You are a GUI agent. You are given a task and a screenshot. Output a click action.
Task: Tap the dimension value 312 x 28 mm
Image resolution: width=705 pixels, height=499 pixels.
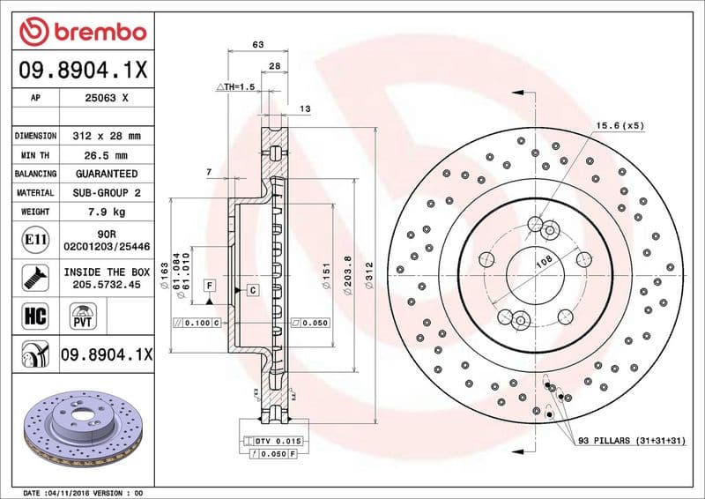(x=106, y=136)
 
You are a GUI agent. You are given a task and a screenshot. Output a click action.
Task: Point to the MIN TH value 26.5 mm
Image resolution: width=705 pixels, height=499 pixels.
(x=106, y=155)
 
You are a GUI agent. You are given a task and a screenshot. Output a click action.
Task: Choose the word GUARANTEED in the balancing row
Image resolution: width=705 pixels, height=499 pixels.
(x=106, y=174)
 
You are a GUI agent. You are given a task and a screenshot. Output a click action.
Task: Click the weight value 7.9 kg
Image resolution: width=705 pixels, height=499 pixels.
(x=106, y=212)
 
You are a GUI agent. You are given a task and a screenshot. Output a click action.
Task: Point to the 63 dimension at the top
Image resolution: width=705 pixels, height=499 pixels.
(x=258, y=43)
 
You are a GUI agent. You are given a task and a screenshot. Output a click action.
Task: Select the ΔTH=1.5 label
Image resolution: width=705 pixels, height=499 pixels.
(x=235, y=88)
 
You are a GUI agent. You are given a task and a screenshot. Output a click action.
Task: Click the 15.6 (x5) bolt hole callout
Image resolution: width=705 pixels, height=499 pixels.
(x=620, y=125)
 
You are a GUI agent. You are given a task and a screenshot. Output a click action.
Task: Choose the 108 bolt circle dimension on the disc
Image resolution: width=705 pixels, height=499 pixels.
(x=544, y=261)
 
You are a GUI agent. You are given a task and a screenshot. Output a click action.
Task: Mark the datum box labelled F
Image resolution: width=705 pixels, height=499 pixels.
(x=210, y=285)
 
